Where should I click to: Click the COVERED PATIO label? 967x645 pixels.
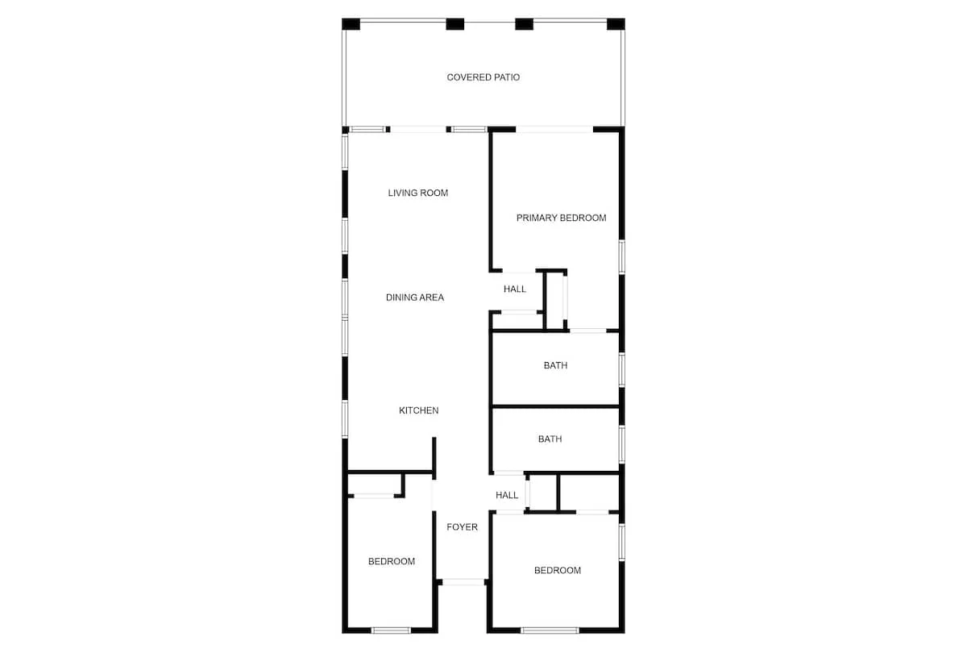[x=483, y=77]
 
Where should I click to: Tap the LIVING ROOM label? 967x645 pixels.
[x=418, y=193]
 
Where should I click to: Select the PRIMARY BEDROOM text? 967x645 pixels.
[x=561, y=218]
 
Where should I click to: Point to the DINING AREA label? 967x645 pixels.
[x=415, y=298]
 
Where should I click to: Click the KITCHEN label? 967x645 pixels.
[x=419, y=410]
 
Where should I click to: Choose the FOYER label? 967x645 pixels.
[x=462, y=527]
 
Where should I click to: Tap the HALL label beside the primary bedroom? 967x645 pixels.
[x=515, y=289]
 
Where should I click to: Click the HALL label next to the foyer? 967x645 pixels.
[x=507, y=495]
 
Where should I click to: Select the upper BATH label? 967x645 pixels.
[x=555, y=365]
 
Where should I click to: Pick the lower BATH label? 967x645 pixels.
[x=550, y=439]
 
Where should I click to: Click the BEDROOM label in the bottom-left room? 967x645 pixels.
[x=392, y=561]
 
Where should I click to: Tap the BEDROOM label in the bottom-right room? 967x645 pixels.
[x=558, y=570]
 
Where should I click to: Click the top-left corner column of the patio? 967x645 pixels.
[x=351, y=24]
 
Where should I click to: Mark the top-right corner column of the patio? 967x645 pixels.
[x=616, y=24]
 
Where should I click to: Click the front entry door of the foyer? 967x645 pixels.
[x=463, y=582]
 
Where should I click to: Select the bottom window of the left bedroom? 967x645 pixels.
[x=391, y=630]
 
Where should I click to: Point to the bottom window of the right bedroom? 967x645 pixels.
[x=550, y=630]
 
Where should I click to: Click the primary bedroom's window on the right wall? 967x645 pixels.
[x=622, y=257]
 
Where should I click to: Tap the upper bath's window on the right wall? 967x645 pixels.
[x=622, y=370]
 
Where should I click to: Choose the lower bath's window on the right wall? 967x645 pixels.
[x=622, y=444]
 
